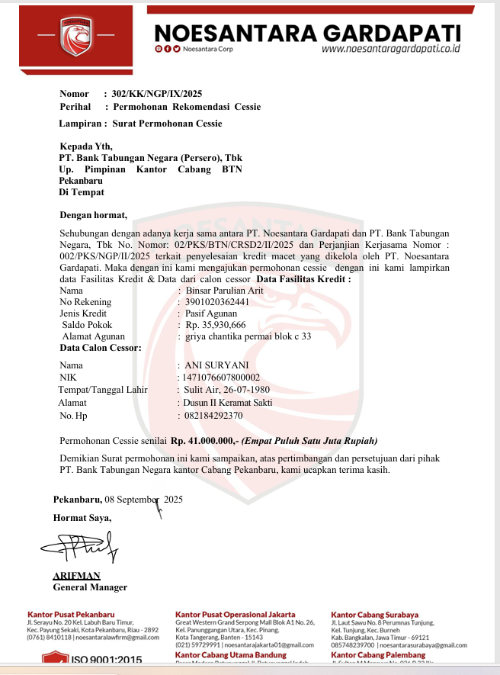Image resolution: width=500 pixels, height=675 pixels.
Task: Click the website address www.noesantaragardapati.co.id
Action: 391,48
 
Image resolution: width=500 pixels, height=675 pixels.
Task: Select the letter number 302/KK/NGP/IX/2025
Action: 157,94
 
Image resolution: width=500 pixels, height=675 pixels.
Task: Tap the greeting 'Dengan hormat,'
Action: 94,215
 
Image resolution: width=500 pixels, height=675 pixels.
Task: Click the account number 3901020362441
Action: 217,302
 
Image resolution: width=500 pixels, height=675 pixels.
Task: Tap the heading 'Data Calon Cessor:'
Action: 100,348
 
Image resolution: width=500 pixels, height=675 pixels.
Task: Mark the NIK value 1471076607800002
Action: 220,378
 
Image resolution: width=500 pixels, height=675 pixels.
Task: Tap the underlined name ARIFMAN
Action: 76,576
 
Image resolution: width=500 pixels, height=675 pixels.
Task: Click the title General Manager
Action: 90,587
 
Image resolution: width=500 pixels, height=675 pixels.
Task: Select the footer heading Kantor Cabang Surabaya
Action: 374,615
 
